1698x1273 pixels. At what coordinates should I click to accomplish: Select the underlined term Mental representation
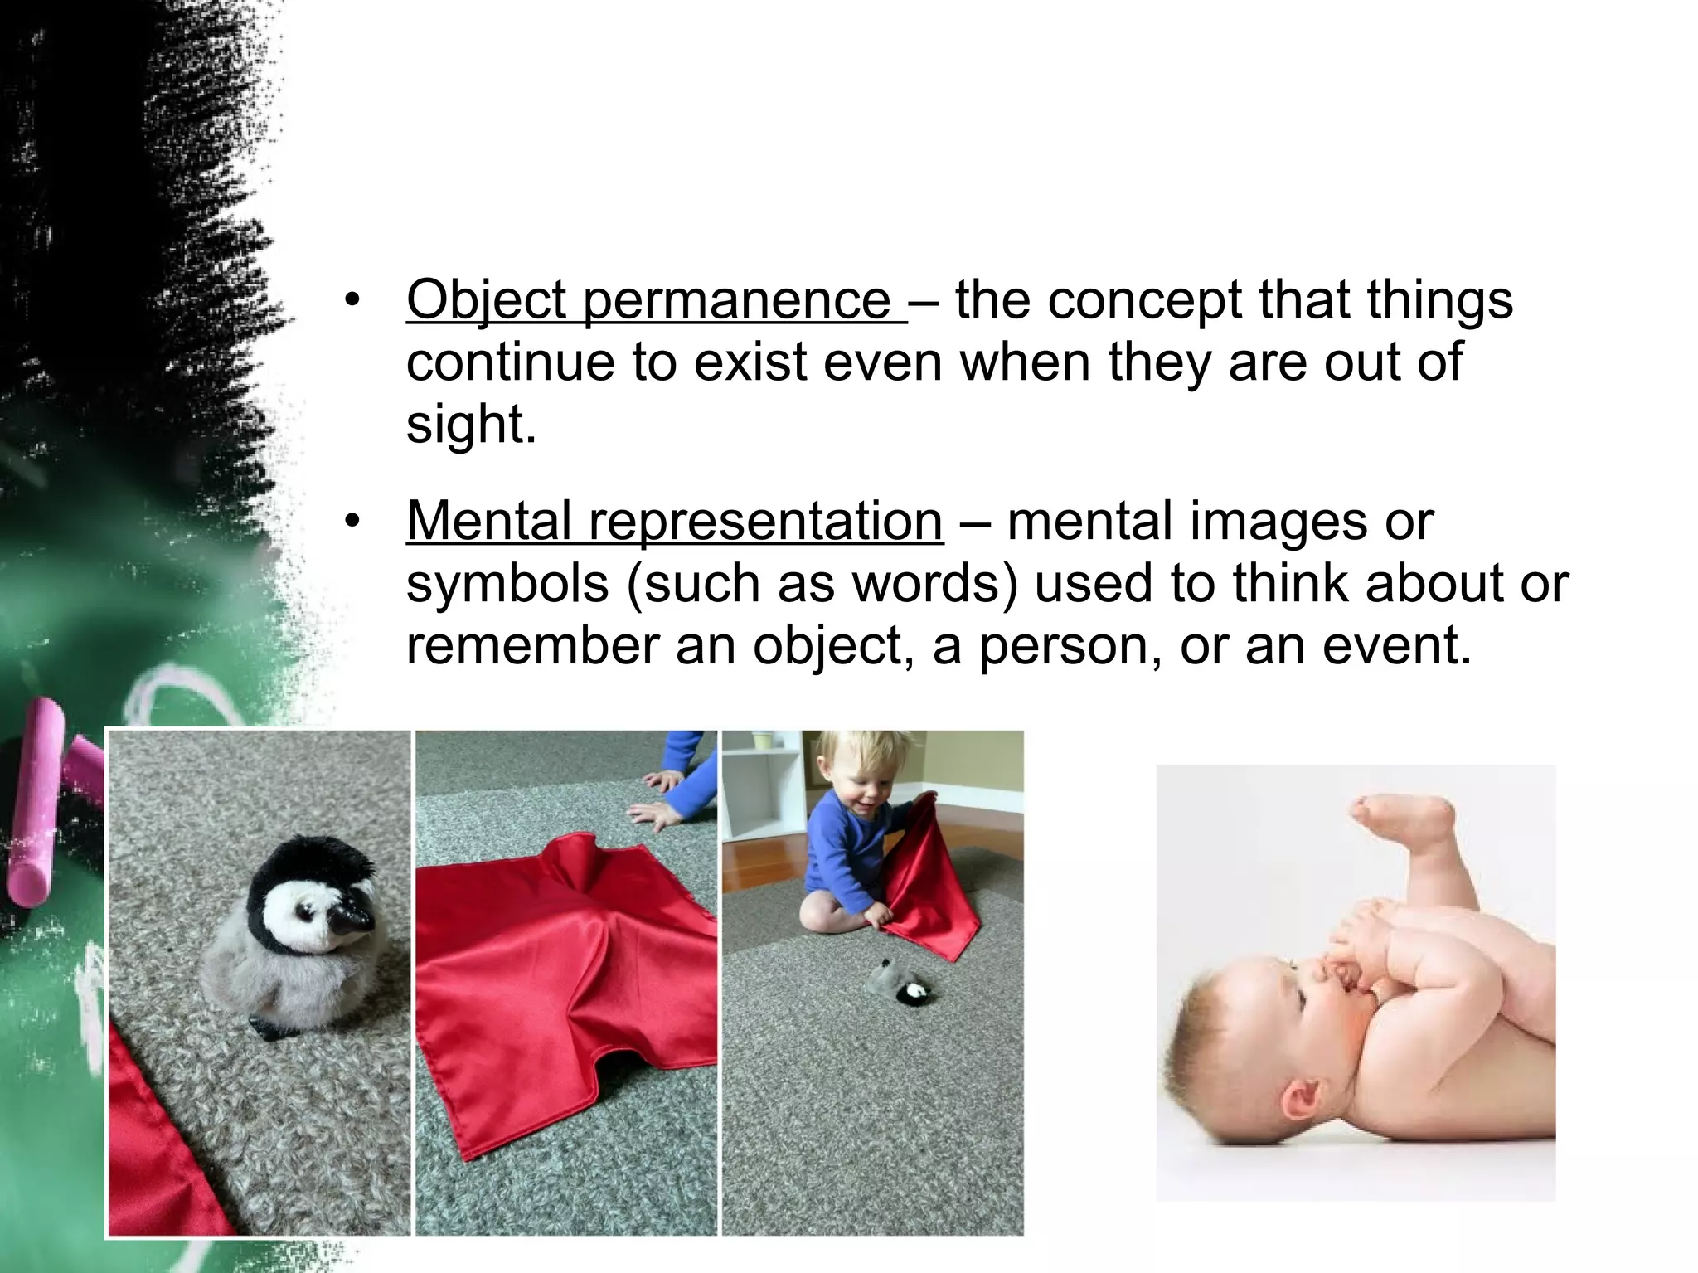674,522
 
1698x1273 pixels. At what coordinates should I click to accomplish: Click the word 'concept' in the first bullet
1144,300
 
